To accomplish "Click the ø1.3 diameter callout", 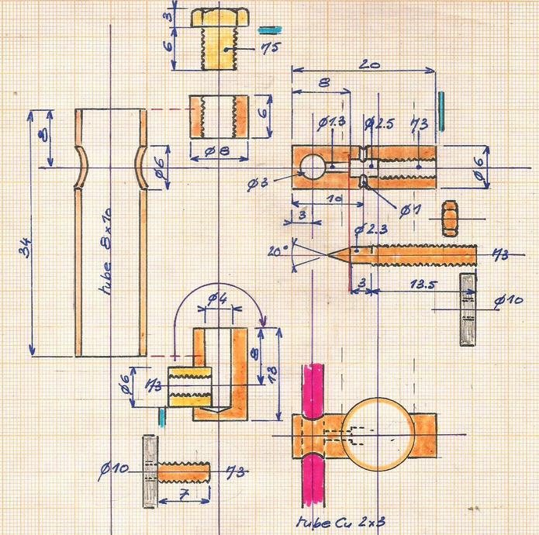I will (x=331, y=123).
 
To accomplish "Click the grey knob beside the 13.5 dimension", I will (x=468, y=309).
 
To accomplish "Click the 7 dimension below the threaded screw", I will (x=184, y=494).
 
